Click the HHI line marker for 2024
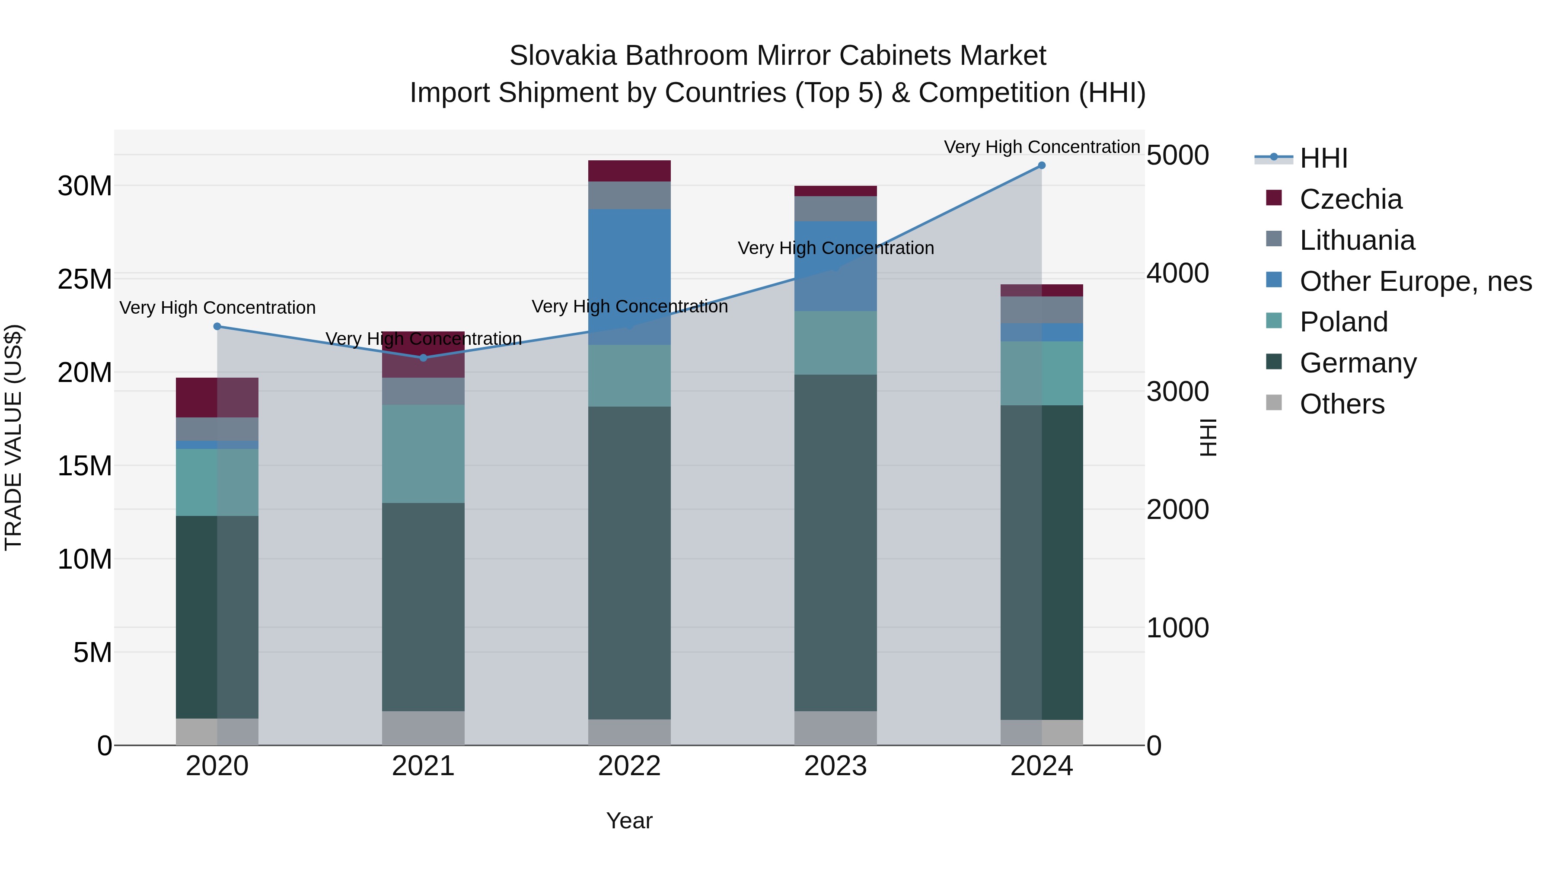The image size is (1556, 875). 1041,165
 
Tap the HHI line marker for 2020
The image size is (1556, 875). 217,327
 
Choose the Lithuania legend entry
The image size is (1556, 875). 1357,240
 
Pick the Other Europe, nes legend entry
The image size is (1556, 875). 1415,281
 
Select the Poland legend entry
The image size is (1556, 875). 1343,322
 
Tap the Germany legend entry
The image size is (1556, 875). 1358,363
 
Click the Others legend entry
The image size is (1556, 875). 1342,404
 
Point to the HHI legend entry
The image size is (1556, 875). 1323,158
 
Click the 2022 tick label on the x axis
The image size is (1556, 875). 629,766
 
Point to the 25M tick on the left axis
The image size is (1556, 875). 85,280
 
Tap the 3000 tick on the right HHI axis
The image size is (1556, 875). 1178,391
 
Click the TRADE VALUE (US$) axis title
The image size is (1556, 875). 13,437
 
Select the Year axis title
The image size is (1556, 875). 629,821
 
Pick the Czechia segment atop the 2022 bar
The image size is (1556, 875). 629,171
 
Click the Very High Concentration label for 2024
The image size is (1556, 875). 1041,147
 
